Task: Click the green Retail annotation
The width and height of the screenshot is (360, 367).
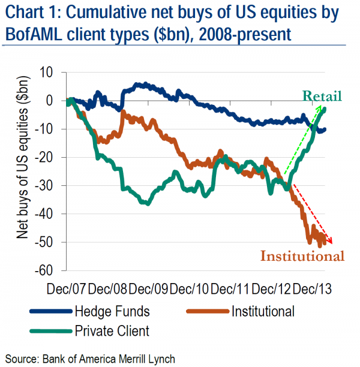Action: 322,96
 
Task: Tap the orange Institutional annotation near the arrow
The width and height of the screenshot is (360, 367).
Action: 302,257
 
